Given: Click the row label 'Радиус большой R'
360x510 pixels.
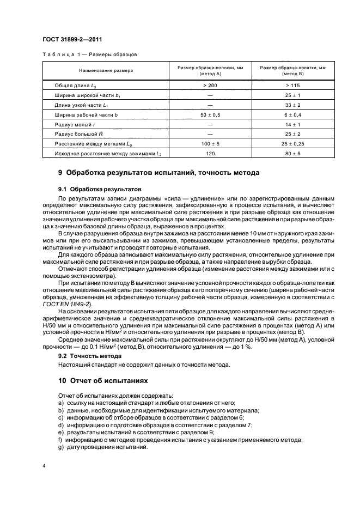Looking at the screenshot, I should tap(80, 135).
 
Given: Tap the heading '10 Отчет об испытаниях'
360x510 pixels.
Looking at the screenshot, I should tap(103, 381).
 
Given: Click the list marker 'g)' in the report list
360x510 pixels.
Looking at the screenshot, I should tap(60, 447).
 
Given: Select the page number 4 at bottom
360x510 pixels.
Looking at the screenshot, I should tap(45, 466).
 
